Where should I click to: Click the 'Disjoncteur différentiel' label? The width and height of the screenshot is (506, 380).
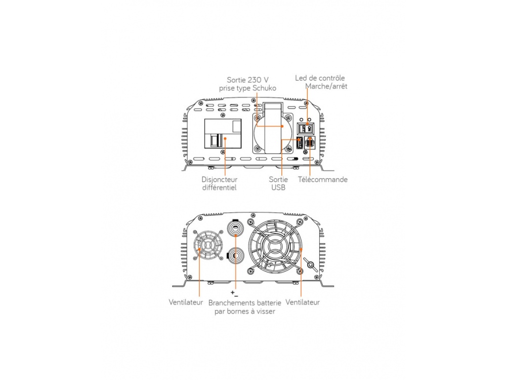tap(220, 183)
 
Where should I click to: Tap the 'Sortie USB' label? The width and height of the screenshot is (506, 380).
tap(278, 183)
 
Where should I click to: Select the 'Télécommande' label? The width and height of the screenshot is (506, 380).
tap(323, 180)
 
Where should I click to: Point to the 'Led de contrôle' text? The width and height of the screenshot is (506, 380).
tap(320, 78)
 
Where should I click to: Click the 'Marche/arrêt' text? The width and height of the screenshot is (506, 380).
tap(326, 86)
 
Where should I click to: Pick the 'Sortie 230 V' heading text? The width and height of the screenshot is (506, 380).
tap(247, 80)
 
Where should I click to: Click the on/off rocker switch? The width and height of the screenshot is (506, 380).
tap(306, 129)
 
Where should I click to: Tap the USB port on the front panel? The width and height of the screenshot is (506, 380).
tap(300, 142)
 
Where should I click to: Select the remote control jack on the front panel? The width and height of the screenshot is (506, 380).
tap(310, 142)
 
